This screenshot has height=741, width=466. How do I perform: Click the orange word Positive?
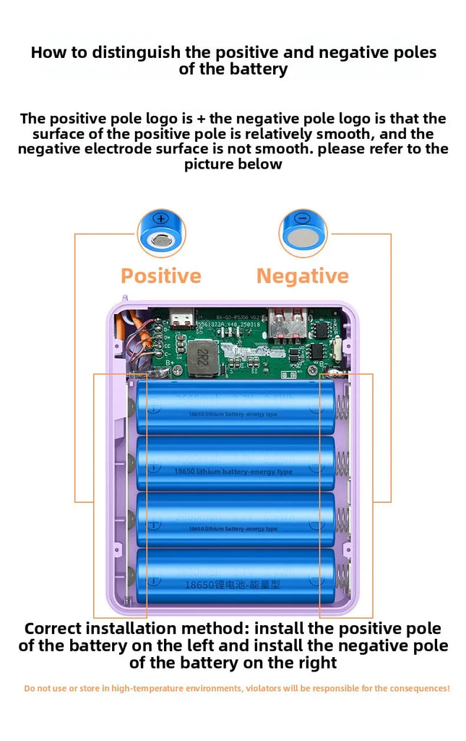pyautogui.click(x=160, y=276)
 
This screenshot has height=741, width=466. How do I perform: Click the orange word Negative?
pyautogui.click(x=302, y=276)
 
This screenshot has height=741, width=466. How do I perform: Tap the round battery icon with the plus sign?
pyautogui.click(x=162, y=232)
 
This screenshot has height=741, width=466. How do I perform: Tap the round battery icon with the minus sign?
pyautogui.click(x=303, y=232)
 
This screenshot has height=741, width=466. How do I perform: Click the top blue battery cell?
pyautogui.click(x=236, y=407)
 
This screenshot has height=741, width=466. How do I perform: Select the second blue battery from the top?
pyautogui.click(x=236, y=463)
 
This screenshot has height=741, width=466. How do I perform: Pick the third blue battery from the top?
pyautogui.click(x=236, y=520)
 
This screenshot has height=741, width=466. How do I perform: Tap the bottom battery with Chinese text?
pyautogui.click(x=236, y=576)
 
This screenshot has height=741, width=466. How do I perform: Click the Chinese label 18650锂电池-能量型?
pyautogui.click(x=233, y=584)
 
